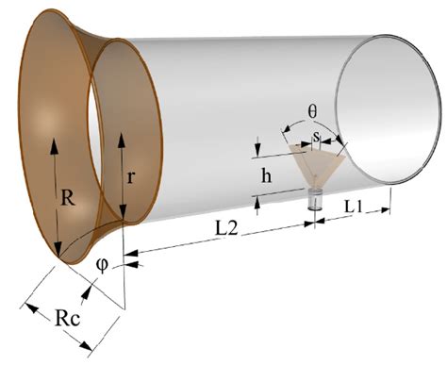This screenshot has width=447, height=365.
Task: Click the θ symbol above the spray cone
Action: (x=314, y=111)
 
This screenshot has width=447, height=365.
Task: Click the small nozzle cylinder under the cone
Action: (x=316, y=200)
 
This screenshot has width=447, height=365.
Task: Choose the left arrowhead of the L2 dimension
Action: (x=131, y=253)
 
